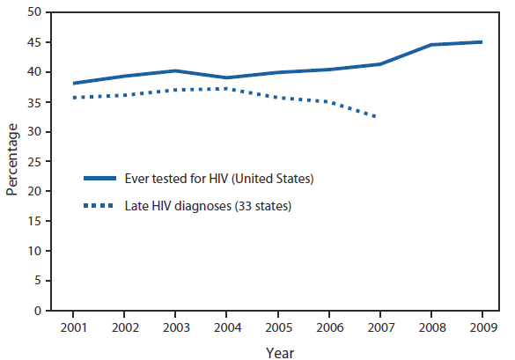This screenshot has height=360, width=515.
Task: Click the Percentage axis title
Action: pyautogui.click(x=12, y=162)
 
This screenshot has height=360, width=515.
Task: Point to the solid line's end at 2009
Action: pyautogui.click(x=481, y=42)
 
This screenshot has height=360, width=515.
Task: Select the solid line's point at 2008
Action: pyautogui.click(x=430, y=45)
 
